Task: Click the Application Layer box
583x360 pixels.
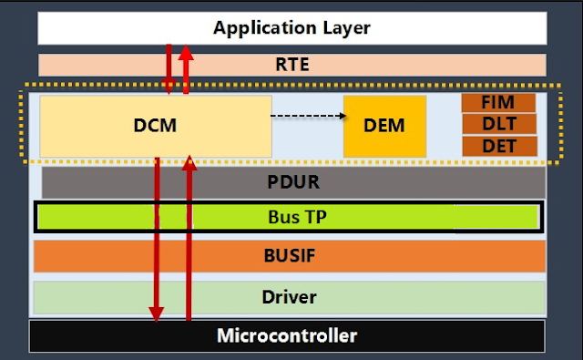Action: pos(291,28)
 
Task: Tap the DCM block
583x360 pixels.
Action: pos(156,125)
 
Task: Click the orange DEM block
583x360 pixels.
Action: pos(384,125)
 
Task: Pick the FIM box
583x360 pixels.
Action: pos(498,103)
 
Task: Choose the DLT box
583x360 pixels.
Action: pos(498,124)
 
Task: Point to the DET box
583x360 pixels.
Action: pos(498,145)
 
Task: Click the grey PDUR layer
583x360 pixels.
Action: pos(291,182)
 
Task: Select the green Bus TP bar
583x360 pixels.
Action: pos(291,216)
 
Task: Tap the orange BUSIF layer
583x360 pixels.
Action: pos(291,256)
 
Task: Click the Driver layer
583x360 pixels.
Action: pos(291,297)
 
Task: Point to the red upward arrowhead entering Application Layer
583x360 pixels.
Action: pos(186,52)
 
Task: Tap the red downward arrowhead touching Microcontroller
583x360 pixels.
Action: pos(157,314)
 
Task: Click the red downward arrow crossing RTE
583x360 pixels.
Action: pos(169,66)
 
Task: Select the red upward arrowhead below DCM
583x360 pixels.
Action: pos(189,163)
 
